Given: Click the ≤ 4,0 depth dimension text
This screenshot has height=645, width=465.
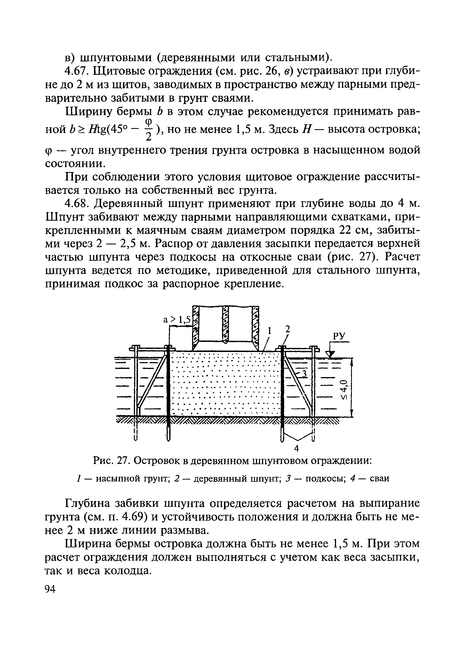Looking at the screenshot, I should point(344,390).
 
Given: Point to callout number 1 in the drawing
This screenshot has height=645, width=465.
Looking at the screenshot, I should point(270,331).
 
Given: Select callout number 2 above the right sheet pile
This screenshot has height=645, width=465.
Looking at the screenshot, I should point(288,329).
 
